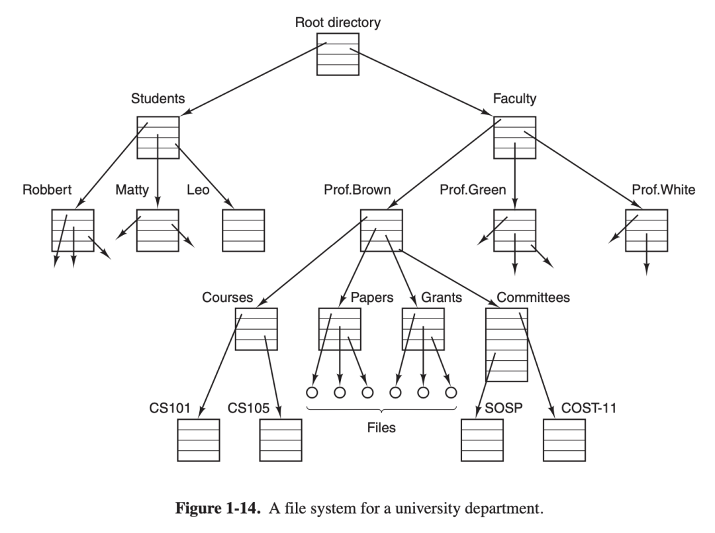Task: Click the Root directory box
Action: (338, 54)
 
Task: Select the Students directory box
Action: (158, 137)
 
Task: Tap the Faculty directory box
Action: (514, 137)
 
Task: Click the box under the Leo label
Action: (243, 230)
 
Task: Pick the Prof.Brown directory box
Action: (381, 230)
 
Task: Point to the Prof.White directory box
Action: (646, 230)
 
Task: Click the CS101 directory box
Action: (198, 440)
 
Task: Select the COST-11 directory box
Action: (564, 440)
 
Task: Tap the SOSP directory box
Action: (482, 440)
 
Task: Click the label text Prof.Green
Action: (473, 191)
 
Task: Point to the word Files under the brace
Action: (381, 428)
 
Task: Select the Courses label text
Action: (227, 298)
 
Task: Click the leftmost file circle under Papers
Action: (312, 392)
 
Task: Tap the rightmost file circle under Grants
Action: (451, 392)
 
